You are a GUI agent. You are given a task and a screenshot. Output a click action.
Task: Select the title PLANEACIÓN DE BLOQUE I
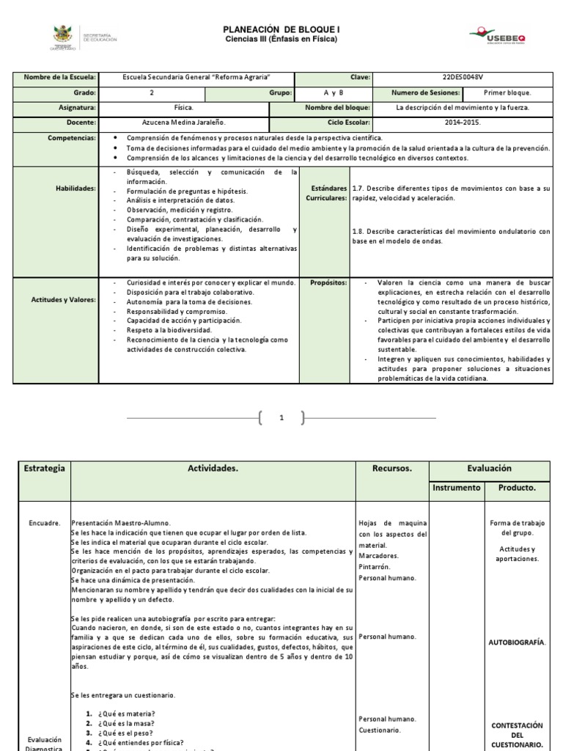tap(281, 29)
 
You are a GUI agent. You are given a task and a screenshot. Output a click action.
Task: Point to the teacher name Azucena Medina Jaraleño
tap(183, 122)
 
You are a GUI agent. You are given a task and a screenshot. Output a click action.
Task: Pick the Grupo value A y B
tap(334, 93)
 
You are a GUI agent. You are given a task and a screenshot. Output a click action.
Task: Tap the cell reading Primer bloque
tap(507, 93)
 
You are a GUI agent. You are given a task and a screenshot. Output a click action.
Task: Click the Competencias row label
tap(72, 137)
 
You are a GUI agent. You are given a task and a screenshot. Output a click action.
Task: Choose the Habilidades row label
tap(76, 188)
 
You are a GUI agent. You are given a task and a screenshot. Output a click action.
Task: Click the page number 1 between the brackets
tap(281, 419)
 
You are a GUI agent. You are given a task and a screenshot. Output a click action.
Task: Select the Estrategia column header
tap(45, 468)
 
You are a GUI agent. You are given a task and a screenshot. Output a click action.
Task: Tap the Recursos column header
tap(392, 468)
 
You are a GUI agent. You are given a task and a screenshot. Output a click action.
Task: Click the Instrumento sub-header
tap(456, 487)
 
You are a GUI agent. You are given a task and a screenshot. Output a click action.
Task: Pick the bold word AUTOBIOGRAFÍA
tap(517, 642)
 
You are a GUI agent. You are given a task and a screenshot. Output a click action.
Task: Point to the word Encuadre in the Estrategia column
tap(44, 524)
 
